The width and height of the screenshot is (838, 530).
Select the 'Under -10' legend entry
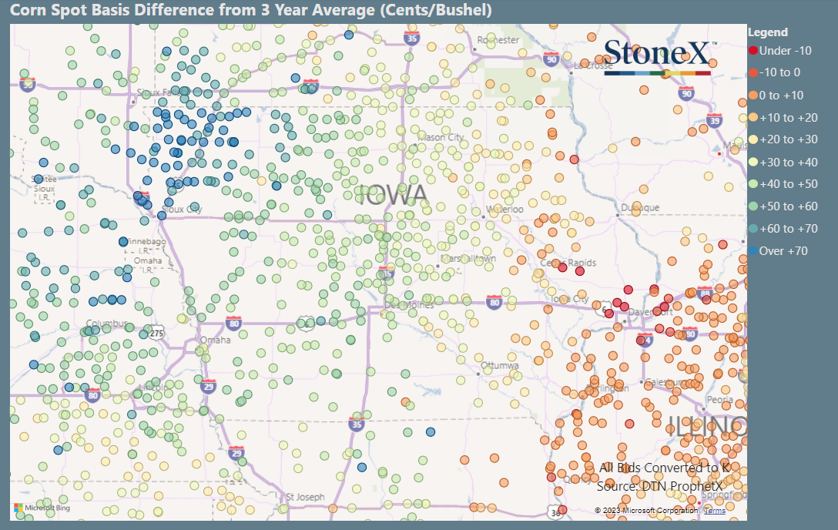pyautogui.click(x=779, y=51)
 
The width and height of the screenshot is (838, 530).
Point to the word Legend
pyautogui.click(x=768, y=32)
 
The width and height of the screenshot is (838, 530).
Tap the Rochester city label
pyautogui.click(x=498, y=40)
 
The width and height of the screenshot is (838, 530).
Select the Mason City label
pyautogui.click(x=441, y=137)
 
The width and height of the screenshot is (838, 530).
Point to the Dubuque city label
pyautogui.click(x=640, y=208)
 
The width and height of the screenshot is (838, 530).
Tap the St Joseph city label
pyautogui.click(x=305, y=497)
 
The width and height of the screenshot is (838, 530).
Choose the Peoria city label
pyautogui.click(x=719, y=400)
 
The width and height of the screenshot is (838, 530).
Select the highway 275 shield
pyautogui.click(x=157, y=333)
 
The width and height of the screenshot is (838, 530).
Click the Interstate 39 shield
pyautogui.click(x=714, y=120)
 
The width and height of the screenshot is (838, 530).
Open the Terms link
pyautogui.click(x=714, y=510)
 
